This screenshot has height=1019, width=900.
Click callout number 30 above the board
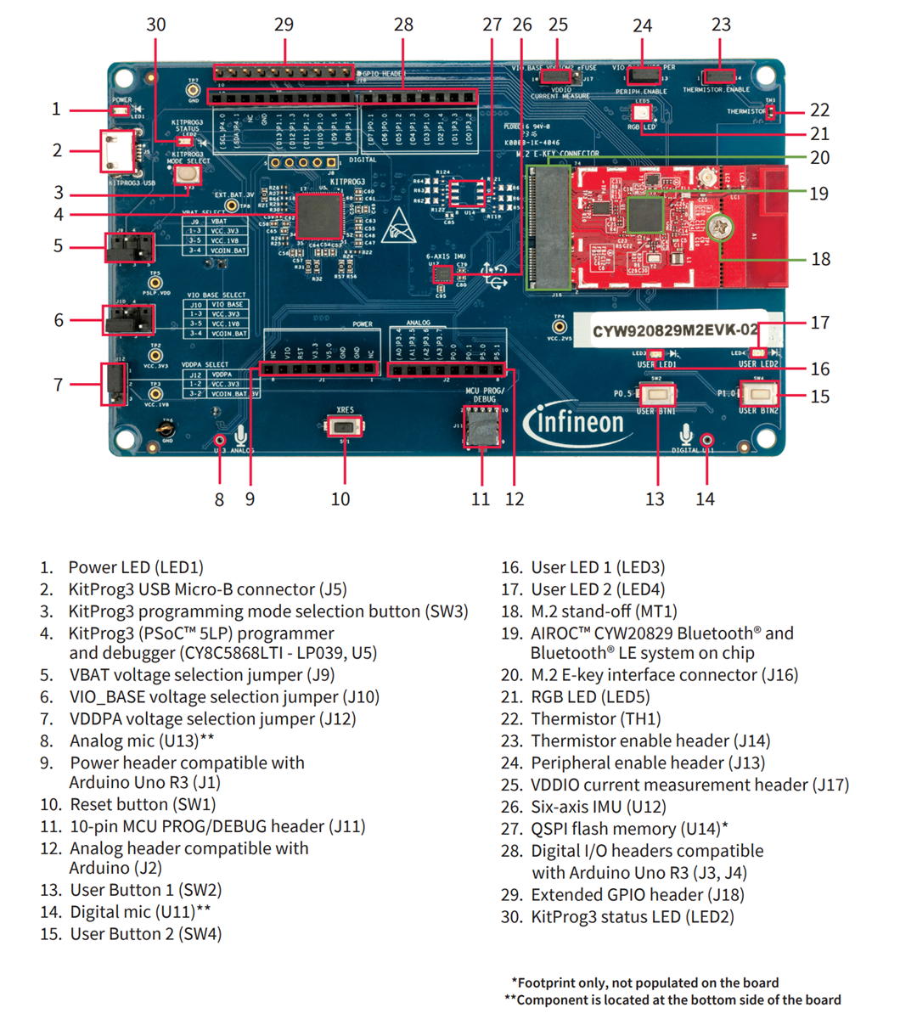click(156, 25)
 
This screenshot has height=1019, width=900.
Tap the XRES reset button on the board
click(345, 425)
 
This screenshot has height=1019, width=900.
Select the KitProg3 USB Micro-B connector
click(116, 152)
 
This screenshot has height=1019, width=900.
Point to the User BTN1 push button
click(656, 394)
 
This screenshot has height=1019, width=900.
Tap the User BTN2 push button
click(760, 393)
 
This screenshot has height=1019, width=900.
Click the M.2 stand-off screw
click(721, 227)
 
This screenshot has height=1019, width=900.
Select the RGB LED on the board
click(642, 111)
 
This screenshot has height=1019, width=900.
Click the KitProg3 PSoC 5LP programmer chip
click(318, 216)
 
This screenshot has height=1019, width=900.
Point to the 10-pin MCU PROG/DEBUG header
click(481, 426)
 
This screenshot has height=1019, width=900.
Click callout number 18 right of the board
click(820, 259)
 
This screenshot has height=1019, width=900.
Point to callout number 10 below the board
click(340, 499)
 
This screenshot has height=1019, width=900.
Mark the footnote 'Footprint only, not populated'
click(645, 982)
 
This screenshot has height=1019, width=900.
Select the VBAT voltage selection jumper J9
click(129, 247)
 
